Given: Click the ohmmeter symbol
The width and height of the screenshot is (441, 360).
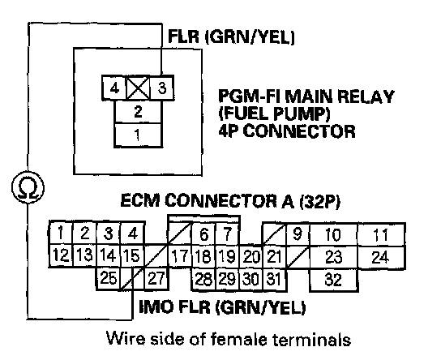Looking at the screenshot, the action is (x=28, y=187).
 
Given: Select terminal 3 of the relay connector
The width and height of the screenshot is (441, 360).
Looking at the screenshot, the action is (x=161, y=88).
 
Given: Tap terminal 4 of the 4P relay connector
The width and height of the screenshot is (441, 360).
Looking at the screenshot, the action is (x=114, y=88).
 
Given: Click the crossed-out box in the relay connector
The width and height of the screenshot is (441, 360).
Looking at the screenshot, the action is (x=138, y=88).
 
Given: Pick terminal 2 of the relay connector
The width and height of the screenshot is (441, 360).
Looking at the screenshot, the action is (x=138, y=112).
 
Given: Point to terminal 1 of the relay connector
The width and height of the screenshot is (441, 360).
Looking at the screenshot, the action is (x=138, y=135).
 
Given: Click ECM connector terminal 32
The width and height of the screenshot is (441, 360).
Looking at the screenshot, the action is (x=333, y=280).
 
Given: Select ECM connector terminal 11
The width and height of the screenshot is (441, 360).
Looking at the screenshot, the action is (x=381, y=234).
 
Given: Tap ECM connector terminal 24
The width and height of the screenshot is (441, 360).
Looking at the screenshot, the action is (x=381, y=257).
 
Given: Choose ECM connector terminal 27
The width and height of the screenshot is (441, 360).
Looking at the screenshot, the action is (x=156, y=279).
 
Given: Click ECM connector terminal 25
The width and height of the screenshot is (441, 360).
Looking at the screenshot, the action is (x=109, y=279).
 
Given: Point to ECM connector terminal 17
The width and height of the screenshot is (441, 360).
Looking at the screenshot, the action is (x=180, y=256).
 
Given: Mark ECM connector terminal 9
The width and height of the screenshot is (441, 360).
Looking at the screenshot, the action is (x=298, y=234).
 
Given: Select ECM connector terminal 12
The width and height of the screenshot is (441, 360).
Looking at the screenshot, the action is (x=61, y=255).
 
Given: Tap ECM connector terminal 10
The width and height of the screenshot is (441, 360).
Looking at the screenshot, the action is (x=333, y=234).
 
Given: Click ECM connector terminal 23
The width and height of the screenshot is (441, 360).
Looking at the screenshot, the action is (x=333, y=257).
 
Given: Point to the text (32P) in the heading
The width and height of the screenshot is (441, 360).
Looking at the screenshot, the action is (x=319, y=201).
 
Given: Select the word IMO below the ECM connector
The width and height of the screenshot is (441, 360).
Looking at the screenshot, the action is (x=156, y=306).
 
